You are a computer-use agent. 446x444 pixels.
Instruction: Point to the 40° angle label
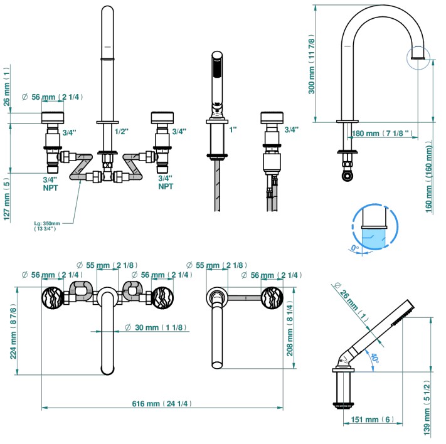coord(374,359)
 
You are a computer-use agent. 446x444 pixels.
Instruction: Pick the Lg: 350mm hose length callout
coord(46,225)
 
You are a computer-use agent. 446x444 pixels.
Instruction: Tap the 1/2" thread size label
coord(122,131)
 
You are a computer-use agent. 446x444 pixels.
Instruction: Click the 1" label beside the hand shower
coord(233,130)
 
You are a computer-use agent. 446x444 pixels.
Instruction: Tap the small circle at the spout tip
coord(418,57)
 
